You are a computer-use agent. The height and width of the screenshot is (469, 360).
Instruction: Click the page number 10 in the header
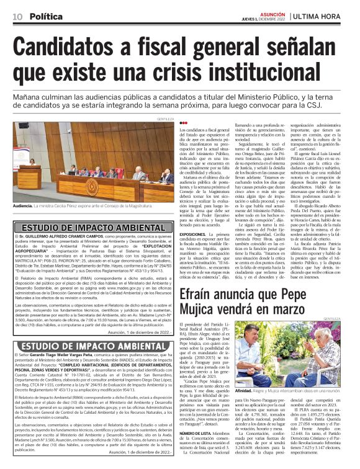(x=17, y=17)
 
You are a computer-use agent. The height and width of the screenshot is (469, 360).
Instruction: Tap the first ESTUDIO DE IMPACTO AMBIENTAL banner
(x=89, y=228)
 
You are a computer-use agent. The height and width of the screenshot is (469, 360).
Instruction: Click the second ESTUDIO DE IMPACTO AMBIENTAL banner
(x=89, y=346)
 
